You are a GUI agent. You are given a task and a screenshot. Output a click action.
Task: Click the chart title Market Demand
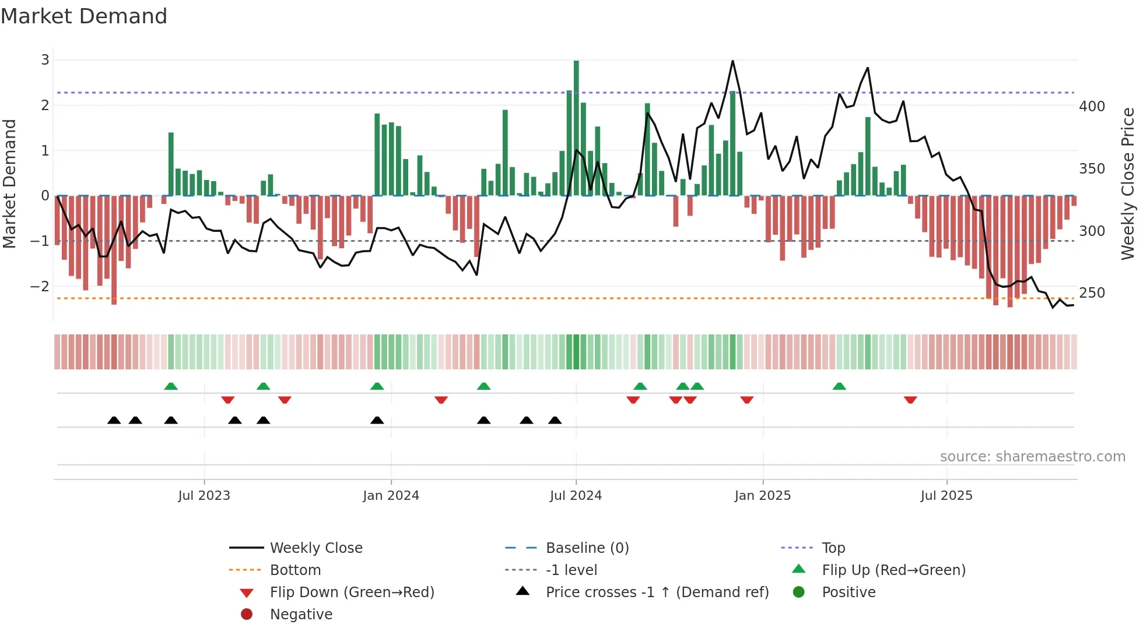point(84,16)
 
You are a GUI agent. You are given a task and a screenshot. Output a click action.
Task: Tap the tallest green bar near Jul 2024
point(576,128)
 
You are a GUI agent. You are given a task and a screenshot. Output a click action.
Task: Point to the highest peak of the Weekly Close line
point(732,61)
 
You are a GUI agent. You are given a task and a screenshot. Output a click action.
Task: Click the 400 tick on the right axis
point(1092,107)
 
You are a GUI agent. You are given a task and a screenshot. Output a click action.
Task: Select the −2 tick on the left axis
point(40,286)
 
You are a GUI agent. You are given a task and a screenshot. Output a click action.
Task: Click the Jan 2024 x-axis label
point(391,496)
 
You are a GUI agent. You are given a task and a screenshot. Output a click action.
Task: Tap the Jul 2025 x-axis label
point(946,496)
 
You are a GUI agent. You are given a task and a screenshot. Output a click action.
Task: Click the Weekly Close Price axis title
point(1128,184)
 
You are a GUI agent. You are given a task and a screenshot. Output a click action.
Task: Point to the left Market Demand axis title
point(10,184)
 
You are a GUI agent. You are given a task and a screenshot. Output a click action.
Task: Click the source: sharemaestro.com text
point(1032,457)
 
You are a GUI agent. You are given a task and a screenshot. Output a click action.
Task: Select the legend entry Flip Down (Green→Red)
point(352,592)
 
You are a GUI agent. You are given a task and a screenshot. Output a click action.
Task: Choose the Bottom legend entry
point(295,570)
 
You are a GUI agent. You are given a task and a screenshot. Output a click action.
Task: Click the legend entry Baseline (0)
point(587,548)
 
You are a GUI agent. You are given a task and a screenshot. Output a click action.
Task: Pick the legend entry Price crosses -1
point(657,592)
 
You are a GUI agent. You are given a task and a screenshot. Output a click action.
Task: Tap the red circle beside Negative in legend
point(247,615)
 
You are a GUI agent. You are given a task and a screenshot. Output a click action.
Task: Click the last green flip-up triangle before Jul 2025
point(839,386)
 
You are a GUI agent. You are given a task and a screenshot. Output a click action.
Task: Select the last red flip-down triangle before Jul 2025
point(910,400)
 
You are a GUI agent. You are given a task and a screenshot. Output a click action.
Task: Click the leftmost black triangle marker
point(114,420)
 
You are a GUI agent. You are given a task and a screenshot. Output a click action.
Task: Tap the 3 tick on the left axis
point(45,59)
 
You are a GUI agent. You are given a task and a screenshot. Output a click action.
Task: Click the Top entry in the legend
point(833,548)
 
